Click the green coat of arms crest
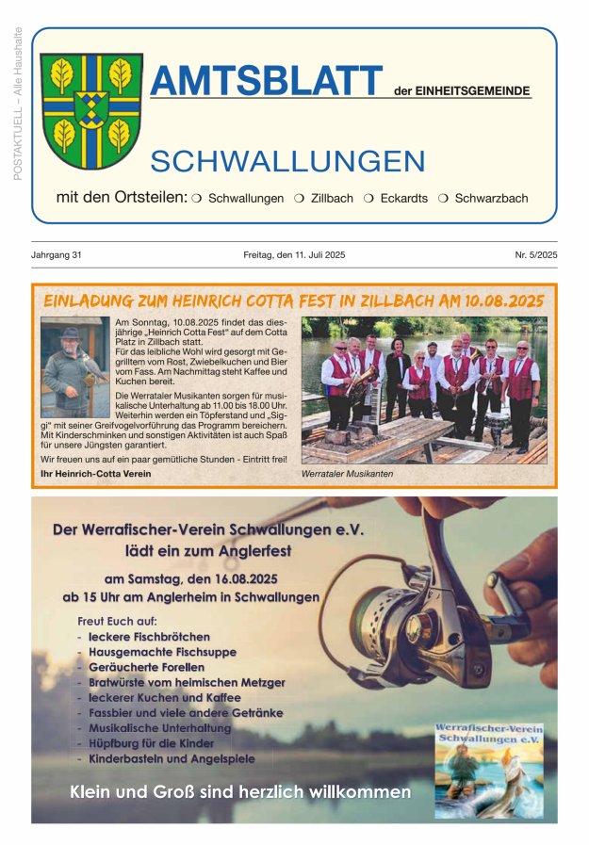(x=91, y=110)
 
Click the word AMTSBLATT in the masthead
(x=267, y=82)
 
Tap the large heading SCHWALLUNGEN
(x=287, y=161)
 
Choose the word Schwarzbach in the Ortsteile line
(x=491, y=199)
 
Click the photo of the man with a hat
(x=74, y=367)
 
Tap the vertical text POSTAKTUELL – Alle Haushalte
(x=18, y=104)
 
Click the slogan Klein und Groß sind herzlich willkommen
(x=240, y=792)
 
